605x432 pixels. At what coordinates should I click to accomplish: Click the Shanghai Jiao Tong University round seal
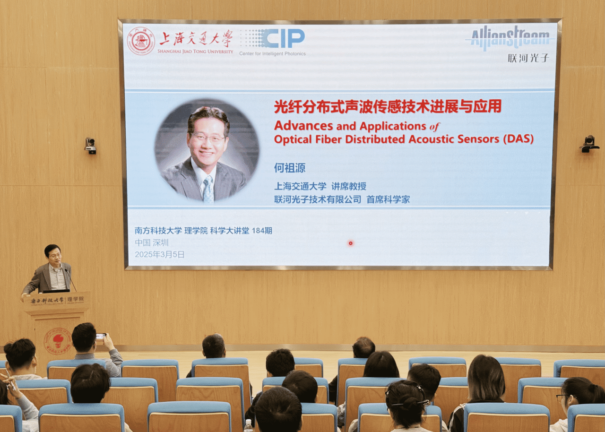(x=141, y=41)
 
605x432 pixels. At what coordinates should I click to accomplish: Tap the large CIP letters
(x=283, y=38)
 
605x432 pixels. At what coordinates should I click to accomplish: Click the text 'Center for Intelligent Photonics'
(x=272, y=54)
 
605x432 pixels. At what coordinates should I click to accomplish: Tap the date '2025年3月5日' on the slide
(x=160, y=254)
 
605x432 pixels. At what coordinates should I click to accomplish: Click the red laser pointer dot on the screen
(x=351, y=243)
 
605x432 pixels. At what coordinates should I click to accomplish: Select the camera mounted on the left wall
(x=90, y=146)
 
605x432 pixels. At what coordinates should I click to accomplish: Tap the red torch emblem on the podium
(x=58, y=341)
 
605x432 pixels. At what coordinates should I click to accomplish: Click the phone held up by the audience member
(x=101, y=336)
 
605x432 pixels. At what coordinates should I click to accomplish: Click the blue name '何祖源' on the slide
(x=290, y=168)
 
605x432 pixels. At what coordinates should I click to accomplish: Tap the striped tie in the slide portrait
(x=208, y=189)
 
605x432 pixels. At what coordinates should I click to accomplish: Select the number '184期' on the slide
(x=262, y=231)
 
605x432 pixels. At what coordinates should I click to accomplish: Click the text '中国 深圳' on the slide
(x=152, y=242)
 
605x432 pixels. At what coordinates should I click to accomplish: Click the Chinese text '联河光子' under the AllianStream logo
(x=528, y=58)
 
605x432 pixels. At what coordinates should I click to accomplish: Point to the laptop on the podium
(x=56, y=291)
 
